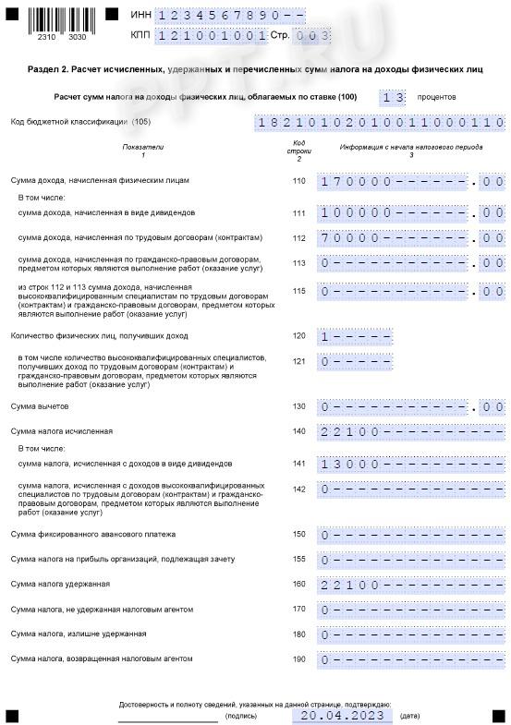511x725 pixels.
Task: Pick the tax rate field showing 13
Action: [x=392, y=97]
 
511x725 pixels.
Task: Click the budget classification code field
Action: [x=380, y=122]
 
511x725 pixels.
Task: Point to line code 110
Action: [x=298, y=181]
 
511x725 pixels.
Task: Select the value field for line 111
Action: [x=411, y=213]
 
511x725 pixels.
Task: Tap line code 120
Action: [x=298, y=336]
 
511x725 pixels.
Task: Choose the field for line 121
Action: [x=356, y=362]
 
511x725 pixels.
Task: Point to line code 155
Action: [x=298, y=560]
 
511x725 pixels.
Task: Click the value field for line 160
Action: [x=411, y=585]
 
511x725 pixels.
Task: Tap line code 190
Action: [x=298, y=659]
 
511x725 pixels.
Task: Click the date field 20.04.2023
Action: [x=341, y=715]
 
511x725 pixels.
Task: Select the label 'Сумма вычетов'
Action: [x=40, y=406]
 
